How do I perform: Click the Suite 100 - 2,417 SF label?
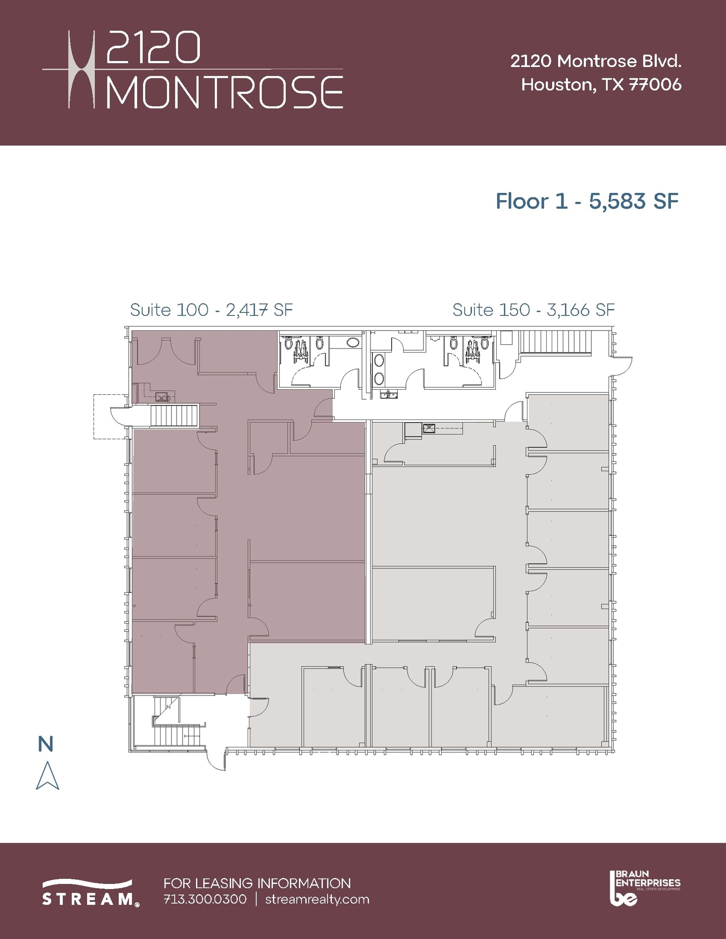(211, 310)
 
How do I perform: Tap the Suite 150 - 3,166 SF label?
(533, 310)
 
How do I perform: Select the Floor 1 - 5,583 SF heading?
(587, 201)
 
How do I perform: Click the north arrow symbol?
(47, 776)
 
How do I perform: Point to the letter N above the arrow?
(46, 744)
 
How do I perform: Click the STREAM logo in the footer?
(90, 892)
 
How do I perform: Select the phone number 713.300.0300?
(205, 899)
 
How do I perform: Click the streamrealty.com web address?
(317, 899)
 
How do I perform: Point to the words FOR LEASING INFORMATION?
(257, 883)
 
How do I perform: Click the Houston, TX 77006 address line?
(601, 85)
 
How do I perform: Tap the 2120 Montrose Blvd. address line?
(596, 61)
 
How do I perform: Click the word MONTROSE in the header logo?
(225, 93)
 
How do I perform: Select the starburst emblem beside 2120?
(82, 69)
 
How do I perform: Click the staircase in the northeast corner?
(555, 342)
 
